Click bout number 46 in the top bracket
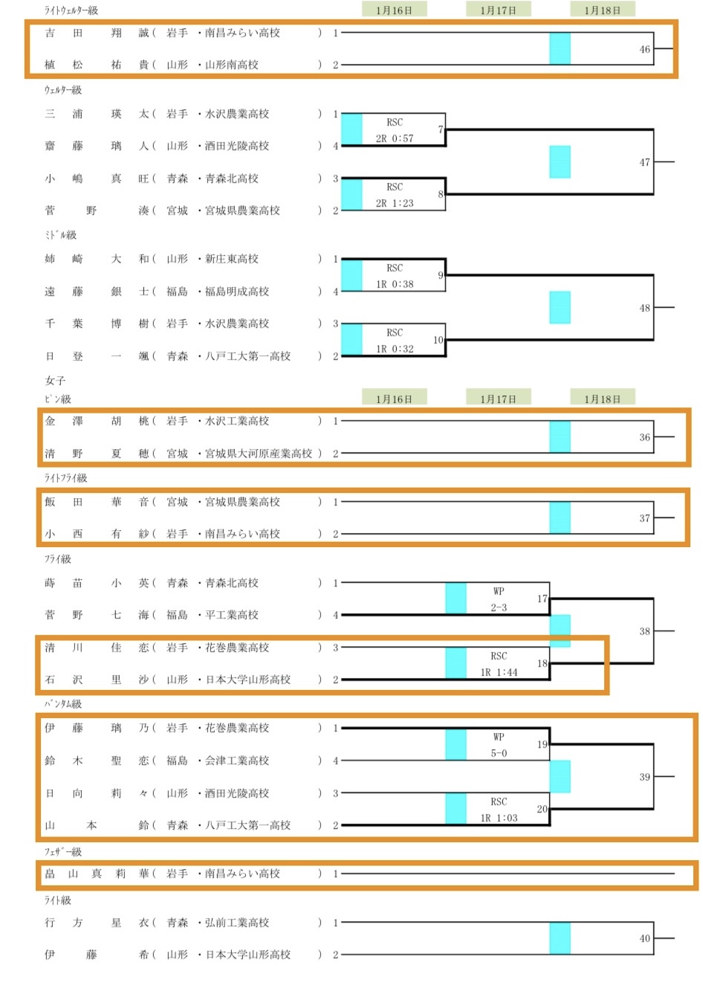pos(644,50)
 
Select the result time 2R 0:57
pos(395,139)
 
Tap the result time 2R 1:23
pos(395,204)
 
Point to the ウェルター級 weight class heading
pos(63,90)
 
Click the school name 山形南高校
pos(232,65)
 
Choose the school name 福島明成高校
pos(237,292)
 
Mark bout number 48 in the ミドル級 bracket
pos(644,308)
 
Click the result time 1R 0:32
pos(395,349)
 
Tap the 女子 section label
pos(55,381)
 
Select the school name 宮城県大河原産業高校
pos(259,453)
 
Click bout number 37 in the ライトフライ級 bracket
pos(644,518)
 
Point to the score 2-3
pos(499,608)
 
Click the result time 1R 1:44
pos(499,673)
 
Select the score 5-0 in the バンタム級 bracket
pos(499,754)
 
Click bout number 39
pos(644,777)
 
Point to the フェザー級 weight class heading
pos(63,852)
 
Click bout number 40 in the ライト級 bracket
pos(644,939)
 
